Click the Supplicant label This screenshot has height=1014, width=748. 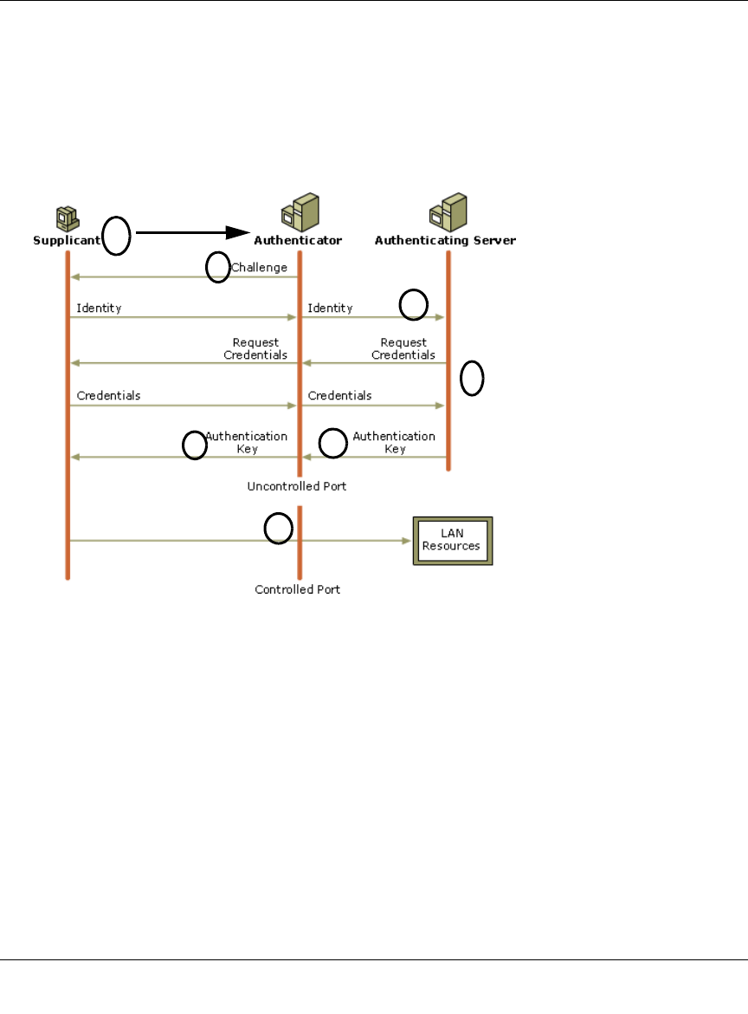(68, 240)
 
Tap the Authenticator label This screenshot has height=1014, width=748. (298, 240)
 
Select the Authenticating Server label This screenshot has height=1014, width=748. (445, 240)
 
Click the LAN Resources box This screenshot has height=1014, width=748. (452, 541)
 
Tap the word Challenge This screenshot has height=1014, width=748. (259, 268)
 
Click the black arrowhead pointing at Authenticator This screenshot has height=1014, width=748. (239, 232)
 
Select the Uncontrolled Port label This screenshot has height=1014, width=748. (297, 486)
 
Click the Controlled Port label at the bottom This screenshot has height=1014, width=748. (298, 589)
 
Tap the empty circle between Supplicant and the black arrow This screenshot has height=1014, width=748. (117, 236)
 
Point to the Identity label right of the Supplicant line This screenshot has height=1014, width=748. (99, 308)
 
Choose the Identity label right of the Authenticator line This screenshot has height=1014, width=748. (330, 308)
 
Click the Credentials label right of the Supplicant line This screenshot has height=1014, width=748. (108, 395)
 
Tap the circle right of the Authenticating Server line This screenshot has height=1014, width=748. (472, 379)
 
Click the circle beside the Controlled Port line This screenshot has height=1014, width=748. (278, 529)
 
